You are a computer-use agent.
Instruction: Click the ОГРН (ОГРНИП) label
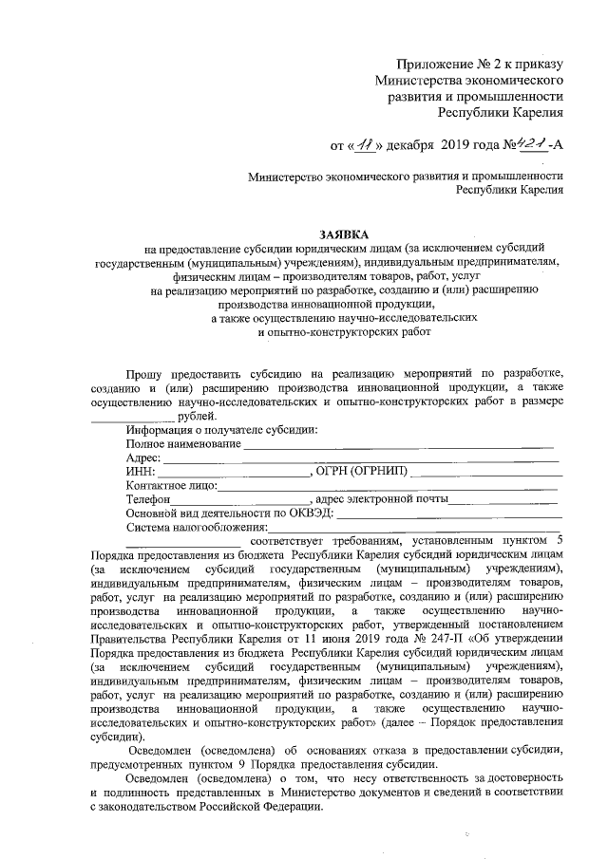365,472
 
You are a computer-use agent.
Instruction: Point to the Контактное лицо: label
171,486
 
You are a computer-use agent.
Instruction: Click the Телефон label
147,499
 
